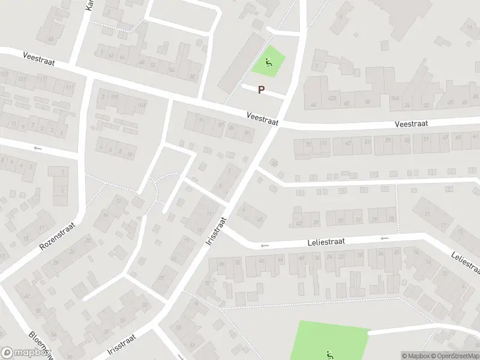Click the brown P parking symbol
[x=261, y=90]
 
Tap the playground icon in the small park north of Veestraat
[x=267, y=61]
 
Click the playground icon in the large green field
[x=329, y=354]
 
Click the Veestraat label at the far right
[x=411, y=124]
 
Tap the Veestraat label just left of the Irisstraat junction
[x=262, y=118]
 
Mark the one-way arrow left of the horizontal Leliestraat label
[x=263, y=245]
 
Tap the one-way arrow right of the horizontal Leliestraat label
[x=384, y=238]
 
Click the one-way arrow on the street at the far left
[x=38, y=148]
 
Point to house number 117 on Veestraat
[x=41, y=80]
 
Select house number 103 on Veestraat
[x=142, y=106]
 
